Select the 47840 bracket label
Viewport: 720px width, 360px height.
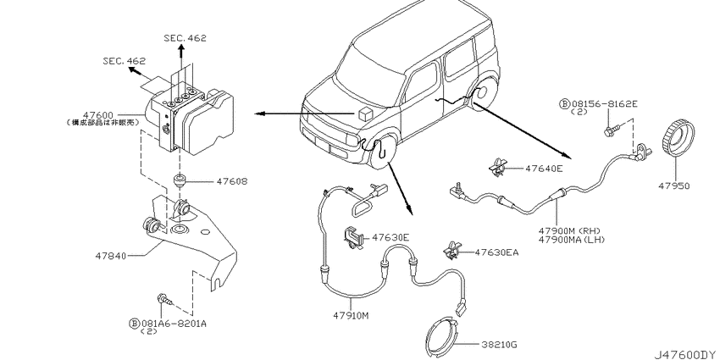click(x=112, y=253)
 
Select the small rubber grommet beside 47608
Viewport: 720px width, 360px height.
click(x=180, y=180)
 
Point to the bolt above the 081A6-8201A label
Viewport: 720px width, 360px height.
click(x=163, y=298)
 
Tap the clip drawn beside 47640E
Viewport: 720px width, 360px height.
click(x=496, y=169)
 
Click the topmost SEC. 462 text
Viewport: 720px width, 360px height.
click(x=186, y=38)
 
